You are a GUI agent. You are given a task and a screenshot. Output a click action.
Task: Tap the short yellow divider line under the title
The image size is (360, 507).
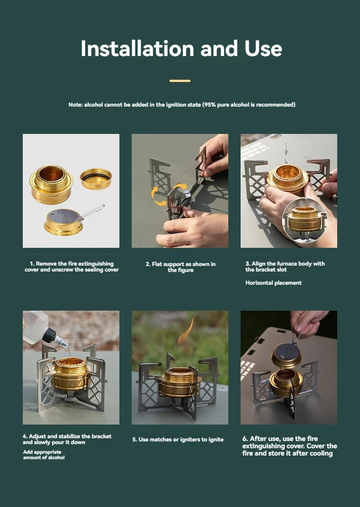(180, 81)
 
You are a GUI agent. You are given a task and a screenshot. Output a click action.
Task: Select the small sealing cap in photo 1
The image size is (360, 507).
(96, 178)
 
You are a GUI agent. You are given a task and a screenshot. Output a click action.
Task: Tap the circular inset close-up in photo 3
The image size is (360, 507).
(304, 220)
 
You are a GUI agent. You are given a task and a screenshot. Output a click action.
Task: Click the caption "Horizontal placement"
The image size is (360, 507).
(273, 283)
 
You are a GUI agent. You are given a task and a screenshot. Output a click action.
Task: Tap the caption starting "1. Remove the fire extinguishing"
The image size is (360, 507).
(72, 266)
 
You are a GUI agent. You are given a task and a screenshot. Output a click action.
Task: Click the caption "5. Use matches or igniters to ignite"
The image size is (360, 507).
(178, 440)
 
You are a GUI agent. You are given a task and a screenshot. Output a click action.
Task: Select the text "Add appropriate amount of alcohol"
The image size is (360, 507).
(44, 455)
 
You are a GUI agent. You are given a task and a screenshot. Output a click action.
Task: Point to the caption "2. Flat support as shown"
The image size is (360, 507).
(180, 267)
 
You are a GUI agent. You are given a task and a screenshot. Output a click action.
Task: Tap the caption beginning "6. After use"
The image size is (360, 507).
(289, 446)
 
